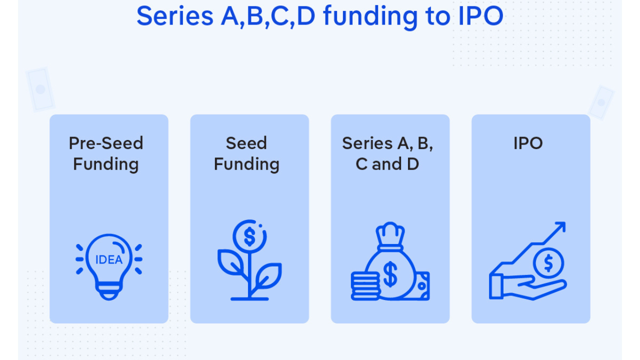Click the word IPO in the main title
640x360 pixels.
pyautogui.click(x=481, y=16)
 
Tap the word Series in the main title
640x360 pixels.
pyautogui.click(x=175, y=16)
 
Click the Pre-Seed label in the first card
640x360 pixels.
pyautogui.click(x=106, y=143)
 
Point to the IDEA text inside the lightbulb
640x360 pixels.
pyautogui.click(x=109, y=259)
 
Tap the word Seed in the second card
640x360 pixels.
pyautogui.click(x=246, y=143)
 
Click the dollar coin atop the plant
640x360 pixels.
pyautogui.click(x=249, y=236)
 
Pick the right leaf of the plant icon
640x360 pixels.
pyautogui.click(x=268, y=275)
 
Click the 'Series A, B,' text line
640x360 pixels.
pyautogui.click(x=387, y=143)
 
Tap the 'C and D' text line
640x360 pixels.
pyautogui.click(x=387, y=164)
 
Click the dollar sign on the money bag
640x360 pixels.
pyautogui.click(x=390, y=274)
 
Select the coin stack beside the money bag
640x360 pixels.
pyautogui.click(x=365, y=286)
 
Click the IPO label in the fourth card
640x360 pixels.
pyautogui.click(x=528, y=143)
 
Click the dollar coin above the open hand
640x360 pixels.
pyautogui.click(x=548, y=263)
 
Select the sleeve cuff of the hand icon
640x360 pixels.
pyautogui.click(x=496, y=286)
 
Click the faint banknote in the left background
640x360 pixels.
pyautogui.click(x=40, y=89)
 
